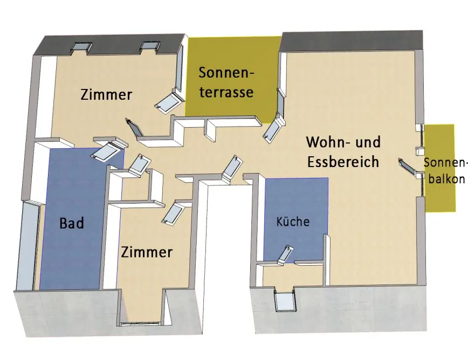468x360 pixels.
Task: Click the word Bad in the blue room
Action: pyautogui.click(x=72, y=223)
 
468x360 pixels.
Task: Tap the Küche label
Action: pyautogui.click(x=293, y=221)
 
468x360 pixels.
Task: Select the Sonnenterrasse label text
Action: pyautogui.click(x=226, y=82)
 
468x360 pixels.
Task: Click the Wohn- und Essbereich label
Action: pyautogui.click(x=343, y=152)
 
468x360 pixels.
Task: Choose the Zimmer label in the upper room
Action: pyautogui.click(x=106, y=95)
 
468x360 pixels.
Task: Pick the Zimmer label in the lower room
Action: pyautogui.click(x=147, y=252)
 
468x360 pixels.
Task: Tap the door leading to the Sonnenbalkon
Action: pyautogui.click(x=410, y=167)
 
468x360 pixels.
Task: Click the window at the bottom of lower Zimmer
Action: pyautogui.click(x=140, y=323)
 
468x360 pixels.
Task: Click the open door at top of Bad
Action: pyautogui.click(x=108, y=151)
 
